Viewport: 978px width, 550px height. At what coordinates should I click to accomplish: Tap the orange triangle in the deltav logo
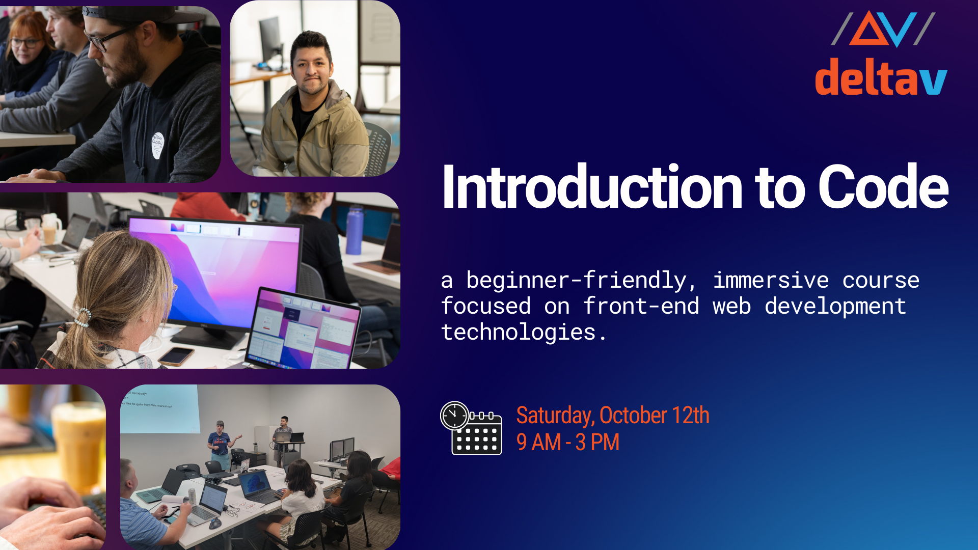[x=869, y=31]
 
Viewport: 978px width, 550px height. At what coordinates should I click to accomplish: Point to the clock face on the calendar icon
[x=454, y=416]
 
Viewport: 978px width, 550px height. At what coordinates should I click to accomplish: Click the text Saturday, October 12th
[x=612, y=416]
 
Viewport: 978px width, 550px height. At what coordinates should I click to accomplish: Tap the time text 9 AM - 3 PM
[x=567, y=442]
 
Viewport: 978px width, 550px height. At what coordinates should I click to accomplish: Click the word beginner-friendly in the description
[x=581, y=280]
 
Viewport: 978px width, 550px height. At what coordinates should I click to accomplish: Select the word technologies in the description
[x=519, y=332]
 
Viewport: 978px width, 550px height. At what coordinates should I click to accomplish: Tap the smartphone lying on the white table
[x=176, y=355]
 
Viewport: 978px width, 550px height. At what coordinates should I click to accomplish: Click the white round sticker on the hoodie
[x=157, y=145]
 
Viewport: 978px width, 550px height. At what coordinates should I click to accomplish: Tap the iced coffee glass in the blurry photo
[x=79, y=443]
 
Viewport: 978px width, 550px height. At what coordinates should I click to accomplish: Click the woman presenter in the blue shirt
[x=220, y=443]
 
